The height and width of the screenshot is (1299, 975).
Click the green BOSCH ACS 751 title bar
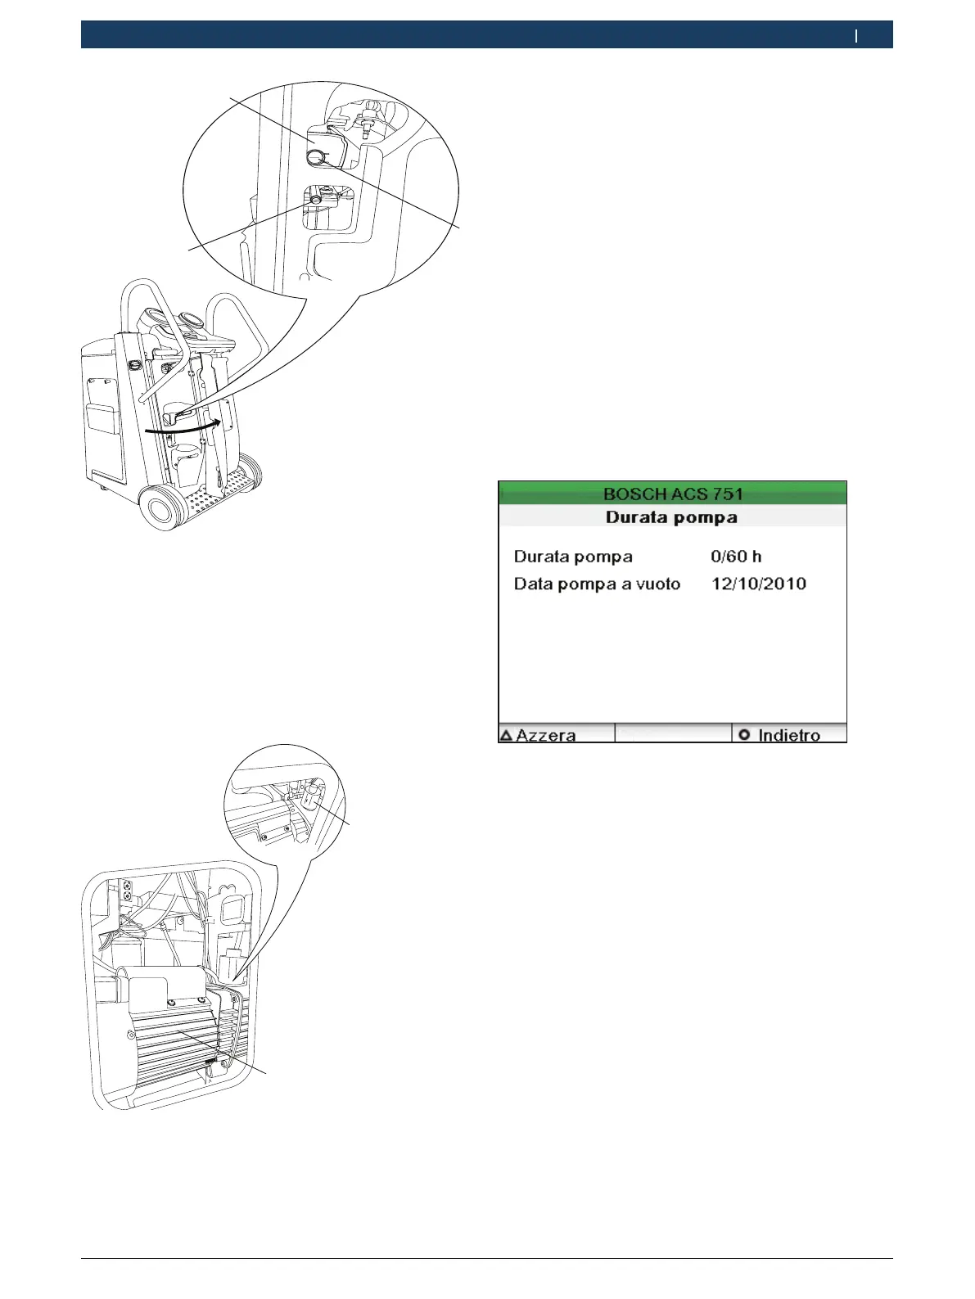coord(672,494)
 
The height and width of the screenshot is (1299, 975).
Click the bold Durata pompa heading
coord(671,517)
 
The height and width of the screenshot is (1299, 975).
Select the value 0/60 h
coord(736,557)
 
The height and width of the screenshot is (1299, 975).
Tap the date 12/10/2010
coord(758,584)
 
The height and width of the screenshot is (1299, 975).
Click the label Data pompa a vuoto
coord(597,584)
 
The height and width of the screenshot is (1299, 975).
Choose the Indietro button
coord(788,734)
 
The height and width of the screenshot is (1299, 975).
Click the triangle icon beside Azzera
coord(506,735)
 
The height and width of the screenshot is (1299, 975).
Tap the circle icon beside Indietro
coord(744,734)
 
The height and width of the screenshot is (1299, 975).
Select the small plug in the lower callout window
coord(316,199)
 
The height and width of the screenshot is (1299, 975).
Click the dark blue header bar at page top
coord(486,35)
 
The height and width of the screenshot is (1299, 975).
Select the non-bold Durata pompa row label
coord(573,557)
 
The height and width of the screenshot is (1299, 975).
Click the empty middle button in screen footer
coord(672,733)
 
